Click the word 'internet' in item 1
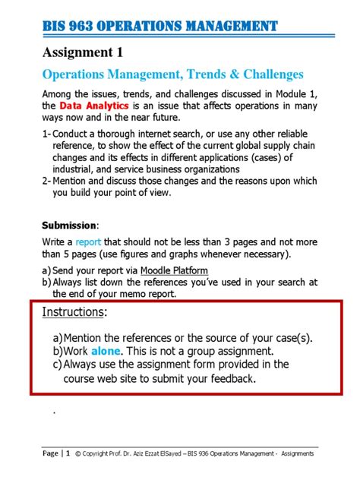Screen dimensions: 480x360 tap(159, 134)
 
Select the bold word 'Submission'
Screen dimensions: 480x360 tap(68, 226)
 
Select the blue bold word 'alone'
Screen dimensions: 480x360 tap(106, 352)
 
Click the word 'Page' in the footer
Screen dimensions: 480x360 tap(50, 454)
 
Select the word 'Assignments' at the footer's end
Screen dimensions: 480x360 tap(298, 454)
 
